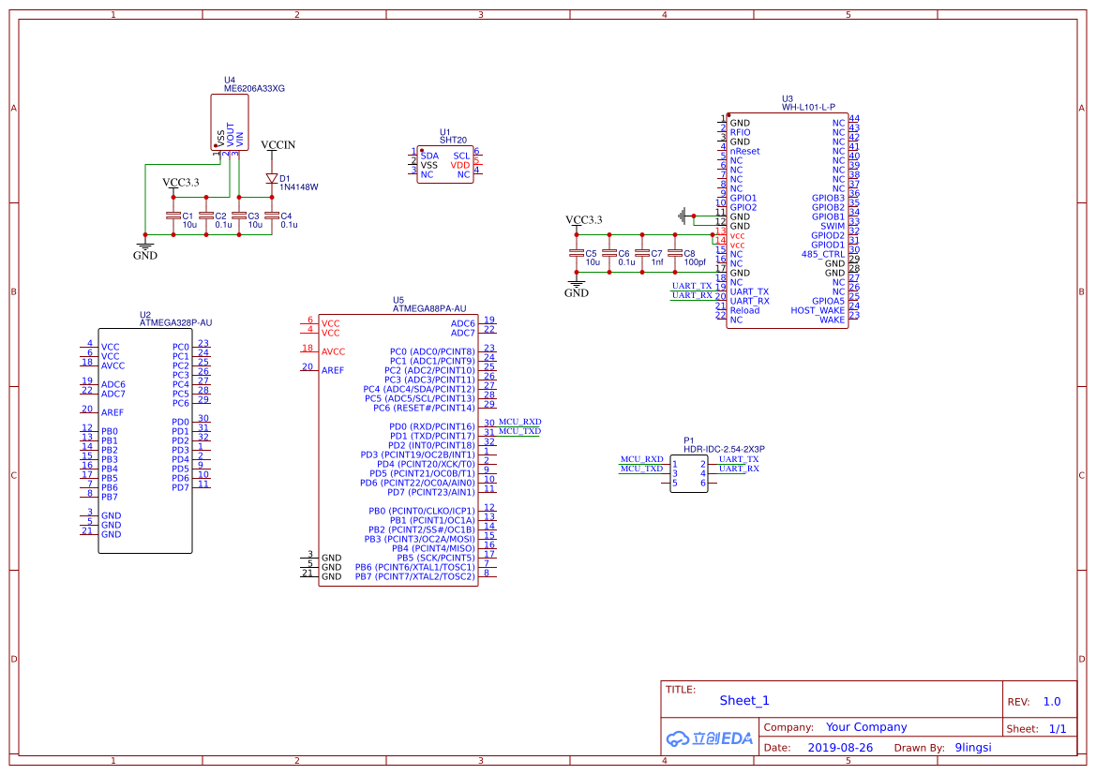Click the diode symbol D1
pos(272,178)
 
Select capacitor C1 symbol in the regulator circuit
pos(173,216)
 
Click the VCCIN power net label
pos(278,145)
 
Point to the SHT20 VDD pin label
pos(460,165)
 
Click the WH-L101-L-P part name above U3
pos(808,108)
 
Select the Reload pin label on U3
pos(744,310)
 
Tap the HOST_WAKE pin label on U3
pos(818,310)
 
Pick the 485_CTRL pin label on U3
pos(823,254)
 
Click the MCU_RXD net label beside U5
pos(519,422)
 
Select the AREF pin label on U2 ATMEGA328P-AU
pos(112,412)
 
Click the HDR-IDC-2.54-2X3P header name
pos(724,450)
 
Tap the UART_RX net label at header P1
pos(739,468)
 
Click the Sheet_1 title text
pos(743,700)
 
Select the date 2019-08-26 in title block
pos(839,748)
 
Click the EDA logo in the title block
pos(709,738)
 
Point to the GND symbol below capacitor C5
pos(576,287)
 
